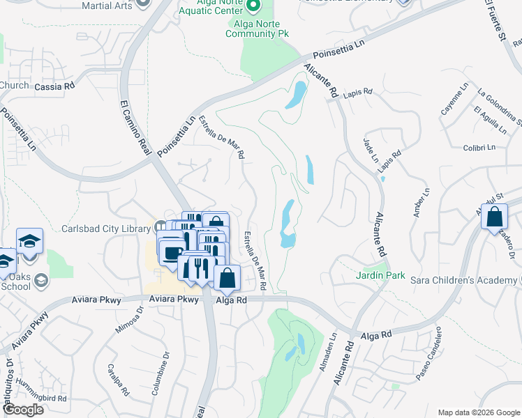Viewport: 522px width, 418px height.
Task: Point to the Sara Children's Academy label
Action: point(456,280)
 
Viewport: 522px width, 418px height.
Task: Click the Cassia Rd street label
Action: point(54,87)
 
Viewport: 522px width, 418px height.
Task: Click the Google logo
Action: point(23,410)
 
